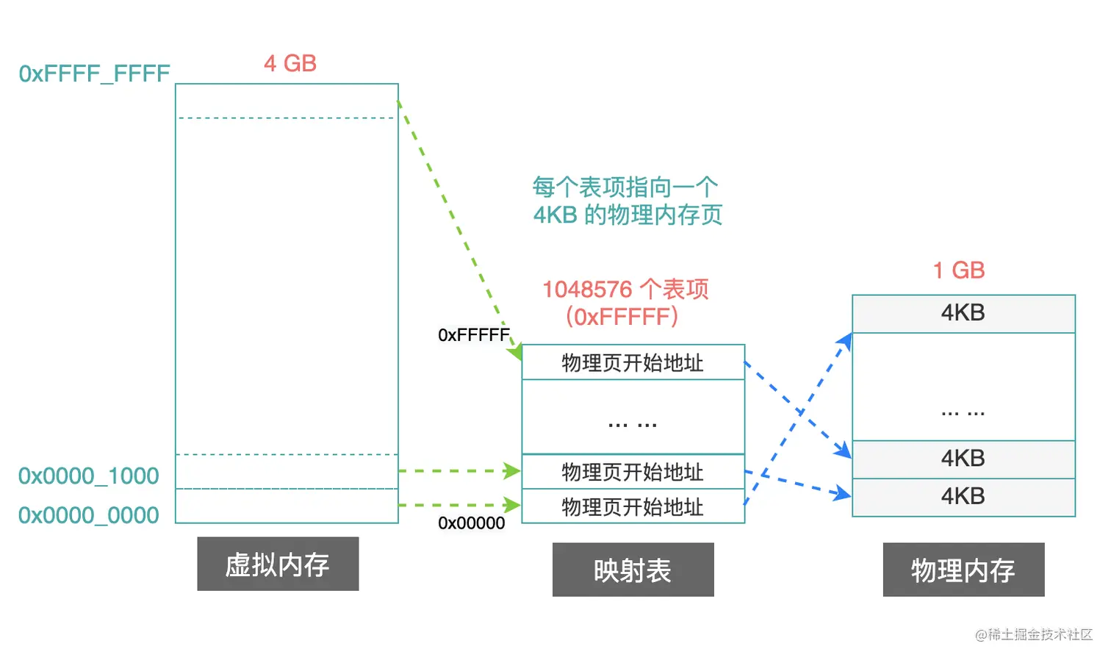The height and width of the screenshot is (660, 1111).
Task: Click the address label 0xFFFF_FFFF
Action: tap(94, 73)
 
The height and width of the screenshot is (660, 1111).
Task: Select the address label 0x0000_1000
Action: tap(88, 476)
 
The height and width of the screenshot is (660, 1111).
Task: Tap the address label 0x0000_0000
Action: tap(88, 515)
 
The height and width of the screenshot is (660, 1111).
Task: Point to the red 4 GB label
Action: tap(290, 63)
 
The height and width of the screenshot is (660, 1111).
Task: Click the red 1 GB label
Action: tap(958, 270)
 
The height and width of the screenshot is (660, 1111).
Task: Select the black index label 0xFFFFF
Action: tap(473, 335)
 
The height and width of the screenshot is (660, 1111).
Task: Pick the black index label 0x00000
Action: tap(471, 523)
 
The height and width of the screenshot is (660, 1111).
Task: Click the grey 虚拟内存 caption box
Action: tap(278, 564)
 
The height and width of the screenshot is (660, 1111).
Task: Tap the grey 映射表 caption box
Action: tap(633, 570)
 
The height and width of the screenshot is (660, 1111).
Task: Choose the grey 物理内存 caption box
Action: tap(963, 570)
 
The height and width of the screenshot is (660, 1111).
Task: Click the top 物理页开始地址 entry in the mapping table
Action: tap(633, 362)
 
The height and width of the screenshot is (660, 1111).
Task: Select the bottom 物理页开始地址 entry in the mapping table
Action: tap(633, 506)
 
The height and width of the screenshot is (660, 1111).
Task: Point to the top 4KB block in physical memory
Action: tap(963, 313)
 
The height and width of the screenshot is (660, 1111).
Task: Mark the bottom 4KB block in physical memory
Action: tap(963, 497)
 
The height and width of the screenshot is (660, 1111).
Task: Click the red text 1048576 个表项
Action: tap(625, 289)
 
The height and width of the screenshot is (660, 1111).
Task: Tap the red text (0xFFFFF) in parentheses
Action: tap(622, 317)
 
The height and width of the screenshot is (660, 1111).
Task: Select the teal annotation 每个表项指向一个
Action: tap(625, 187)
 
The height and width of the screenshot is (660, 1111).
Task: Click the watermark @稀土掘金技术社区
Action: tap(1034, 634)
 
